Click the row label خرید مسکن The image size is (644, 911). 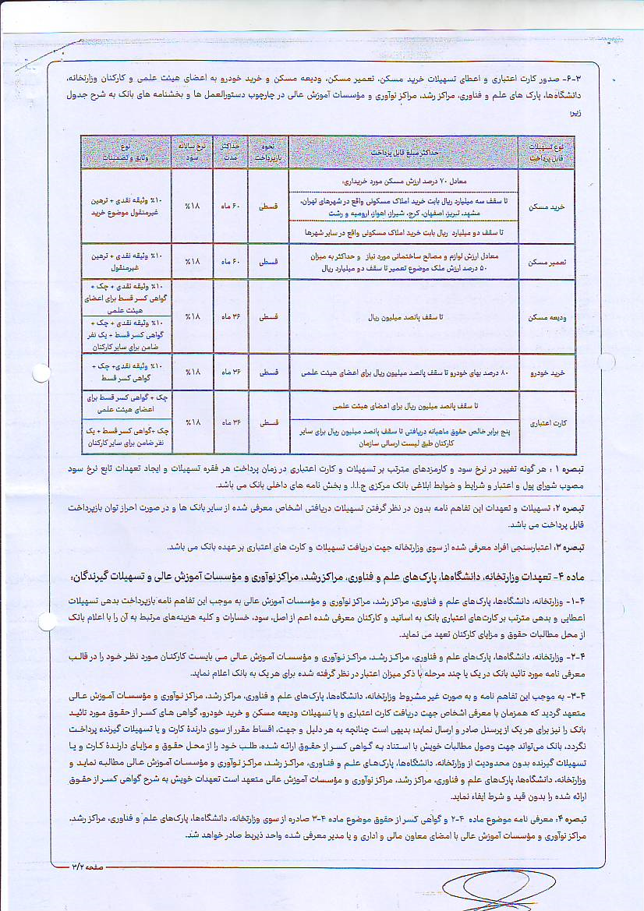pos(547,209)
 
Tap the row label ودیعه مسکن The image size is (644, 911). pos(547,318)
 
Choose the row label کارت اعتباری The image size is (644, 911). pos(547,422)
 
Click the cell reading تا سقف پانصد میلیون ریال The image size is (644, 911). pos(403,318)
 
